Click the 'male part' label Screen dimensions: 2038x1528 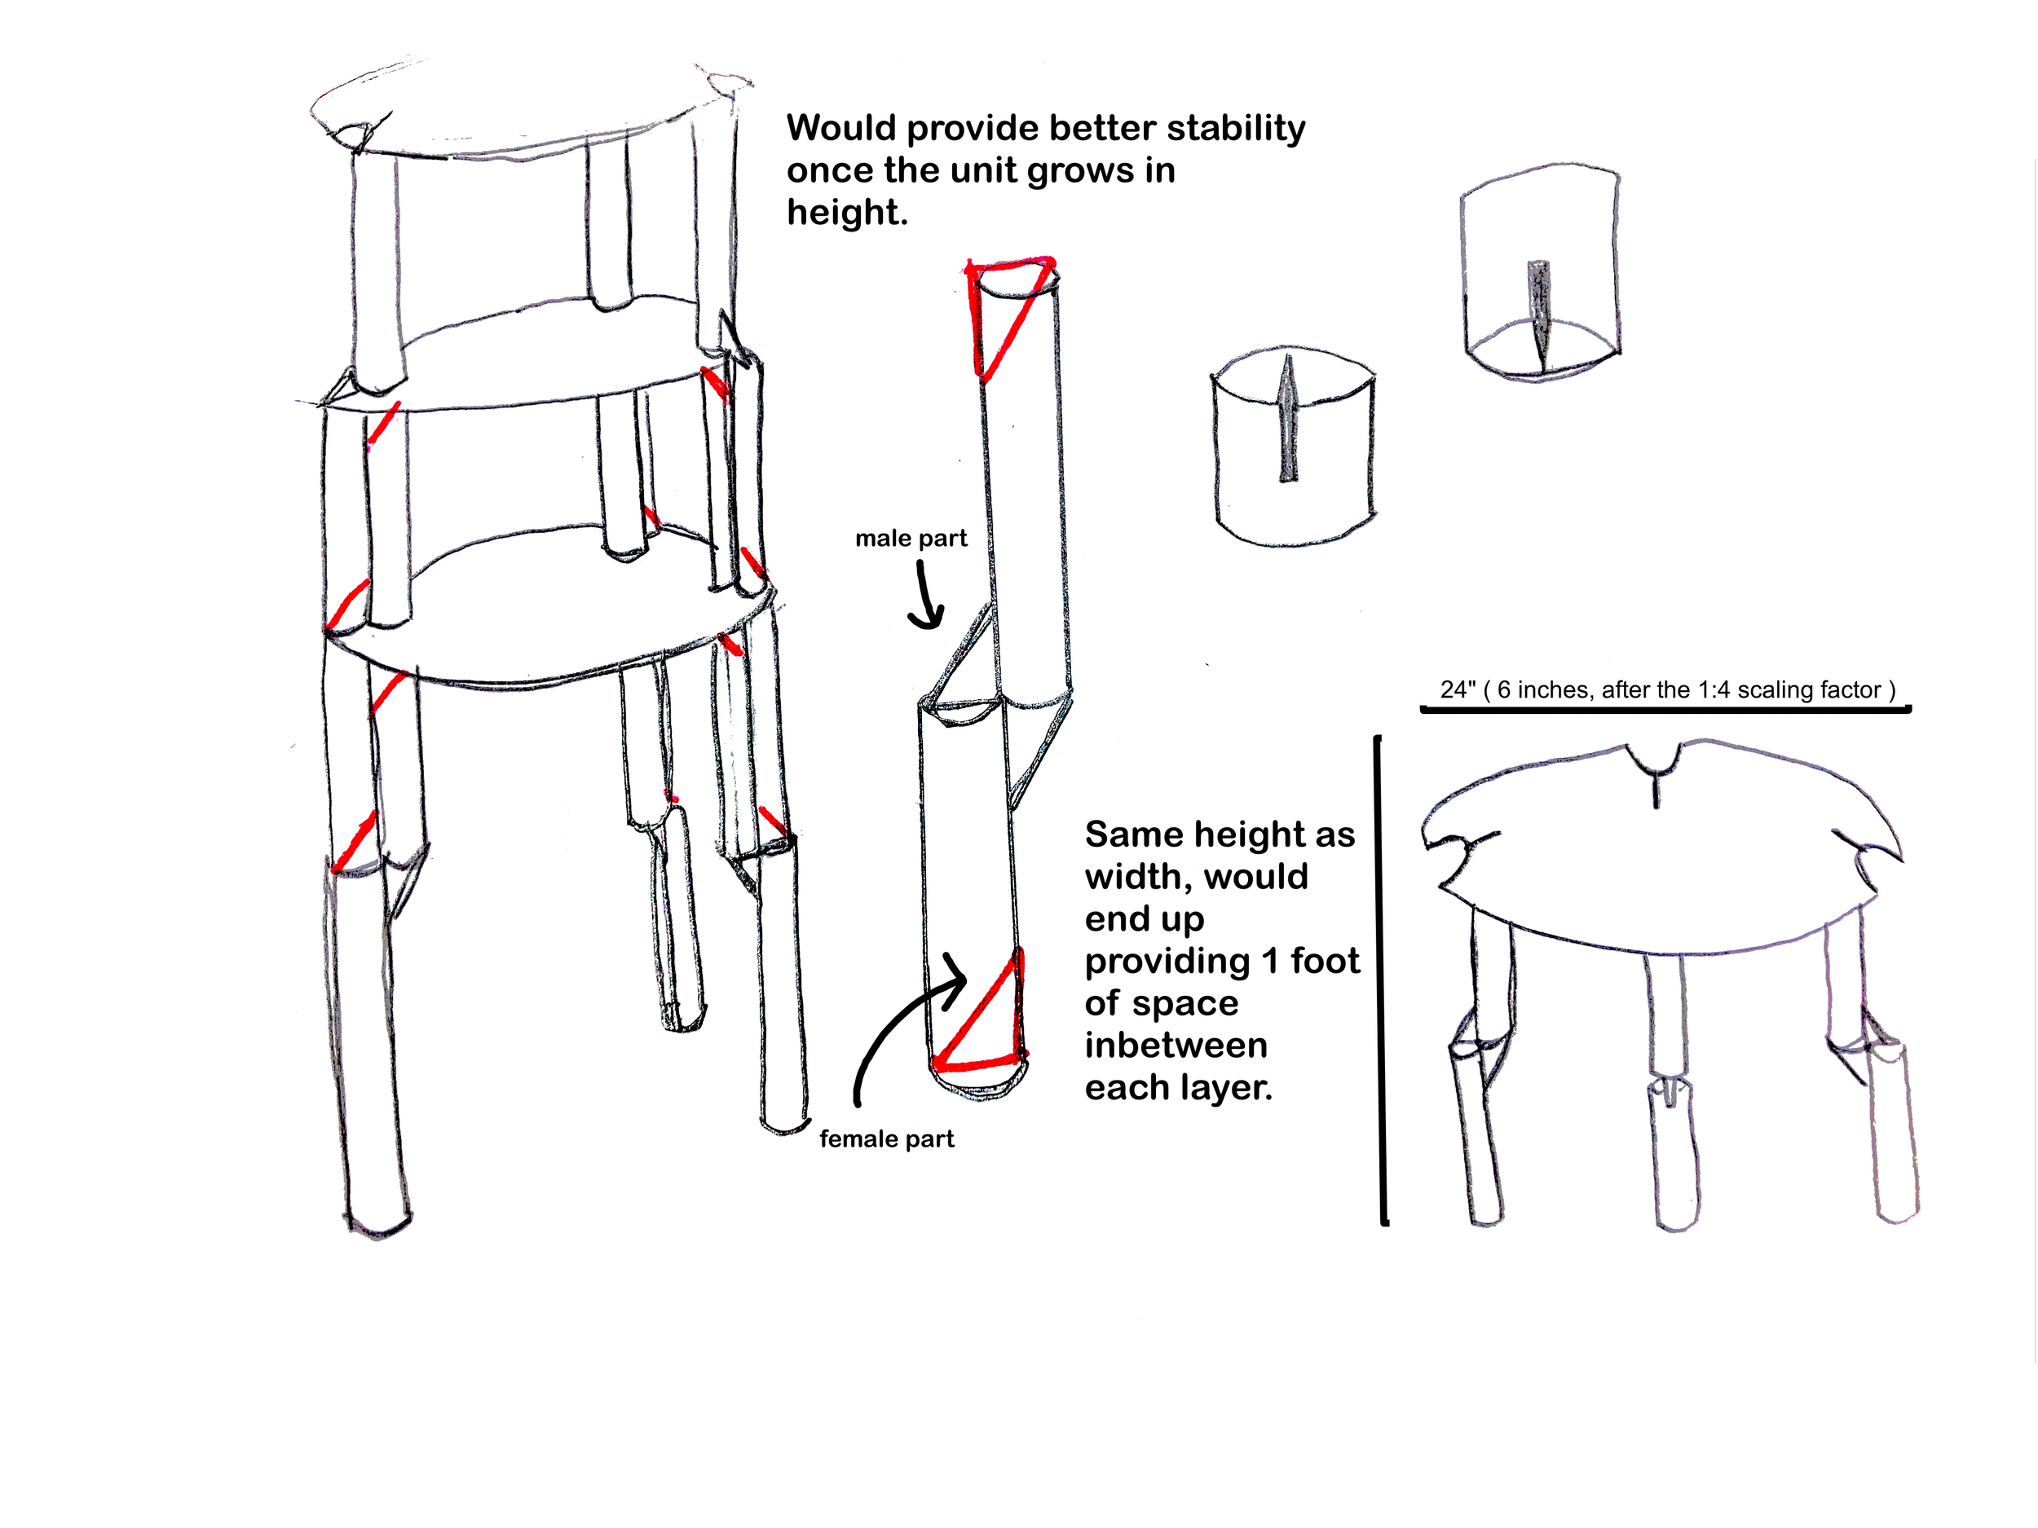click(911, 539)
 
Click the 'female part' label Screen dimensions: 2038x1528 click(886, 1139)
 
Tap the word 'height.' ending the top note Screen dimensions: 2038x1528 click(847, 212)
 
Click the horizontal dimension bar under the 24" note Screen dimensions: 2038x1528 click(1665, 709)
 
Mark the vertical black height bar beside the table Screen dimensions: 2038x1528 click(1381, 981)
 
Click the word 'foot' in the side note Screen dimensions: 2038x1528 click(1325, 961)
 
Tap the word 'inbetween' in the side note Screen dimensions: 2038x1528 click(1176, 1046)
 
